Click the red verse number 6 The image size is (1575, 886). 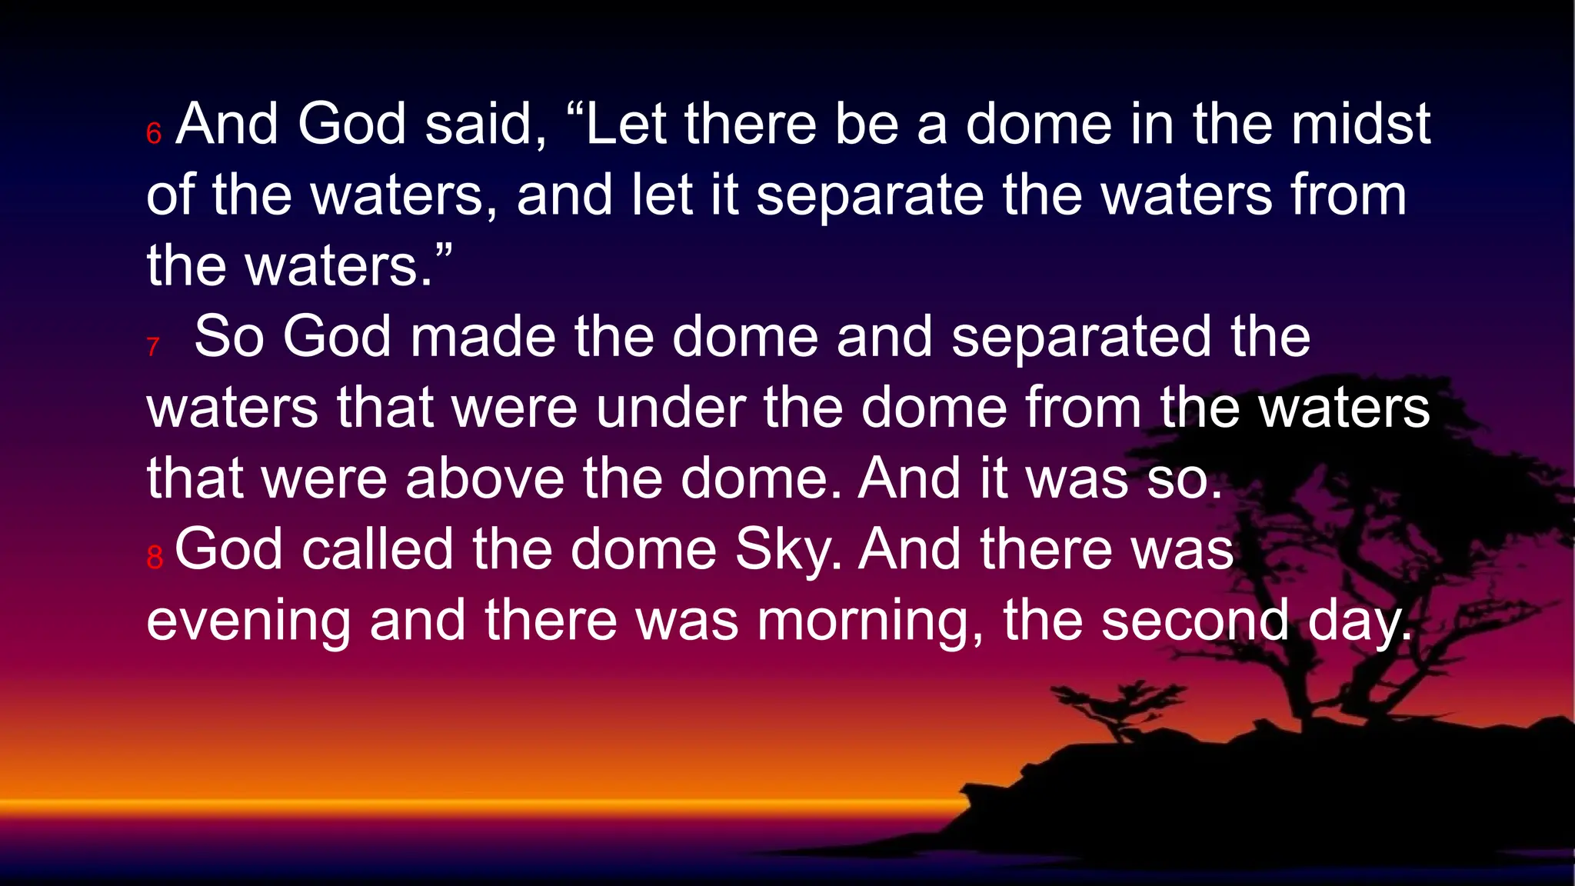[x=154, y=134]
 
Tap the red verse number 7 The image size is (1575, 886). [x=153, y=347]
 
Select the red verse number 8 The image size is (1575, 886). [x=155, y=558]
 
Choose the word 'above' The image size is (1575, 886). [x=485, y=478]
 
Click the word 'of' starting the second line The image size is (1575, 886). [x=170, y=195]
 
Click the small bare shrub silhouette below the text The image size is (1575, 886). [x=1115, y=704]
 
